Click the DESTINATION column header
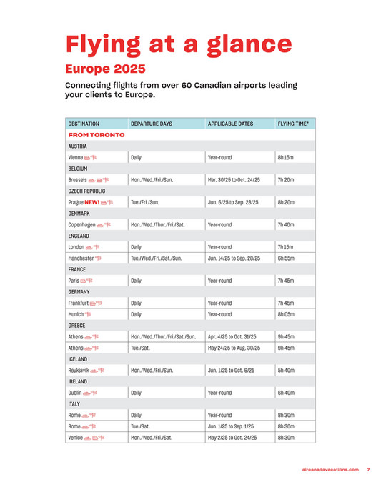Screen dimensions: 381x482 tap(84, 124)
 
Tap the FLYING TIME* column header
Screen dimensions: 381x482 tap(293, 124)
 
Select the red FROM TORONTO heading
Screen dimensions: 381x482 tap(97, 134)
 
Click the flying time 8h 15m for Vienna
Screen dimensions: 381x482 tap(285, 157)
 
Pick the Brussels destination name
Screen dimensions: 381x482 tap(77, 180)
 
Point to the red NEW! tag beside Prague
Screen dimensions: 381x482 tap(93, 203)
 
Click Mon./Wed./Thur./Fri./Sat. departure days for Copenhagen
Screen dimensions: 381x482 tap(158, 225)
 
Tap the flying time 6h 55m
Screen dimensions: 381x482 tap(286, 258)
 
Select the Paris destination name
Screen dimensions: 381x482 tap(73, 281)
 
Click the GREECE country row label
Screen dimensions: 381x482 tap(76, 326)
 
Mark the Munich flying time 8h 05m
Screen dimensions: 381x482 tap(286, 314)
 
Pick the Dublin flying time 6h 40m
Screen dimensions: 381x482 tap(286, 393)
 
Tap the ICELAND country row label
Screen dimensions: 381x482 tap(78, 359)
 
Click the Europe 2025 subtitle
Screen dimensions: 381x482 tap(105, 69)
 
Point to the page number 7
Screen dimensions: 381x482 tap(367, 469)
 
